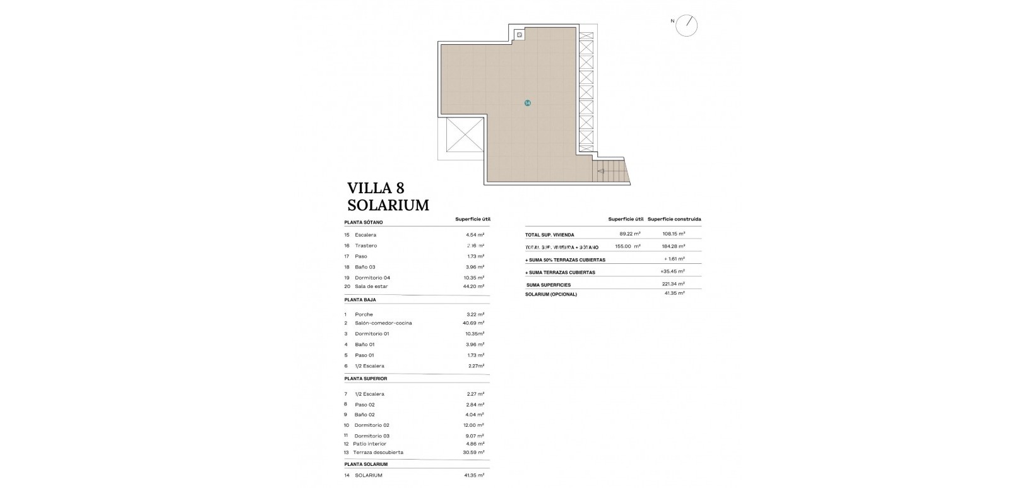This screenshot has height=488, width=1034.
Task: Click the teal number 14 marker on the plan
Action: click(x=528, y=103)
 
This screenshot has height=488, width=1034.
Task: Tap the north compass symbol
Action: click(x=687, y=25)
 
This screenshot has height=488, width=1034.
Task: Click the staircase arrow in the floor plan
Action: click(x=601, y=170)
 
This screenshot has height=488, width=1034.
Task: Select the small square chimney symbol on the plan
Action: click(x=520, y=35)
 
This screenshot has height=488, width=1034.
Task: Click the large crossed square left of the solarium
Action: click(x=464, y=134)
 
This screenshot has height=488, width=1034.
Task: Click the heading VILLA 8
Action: click(x=376, y=188)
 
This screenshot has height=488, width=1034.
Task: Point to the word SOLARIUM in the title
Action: click(x=388, y=205)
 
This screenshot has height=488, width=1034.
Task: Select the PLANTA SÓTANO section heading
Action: click(x=364, y=223)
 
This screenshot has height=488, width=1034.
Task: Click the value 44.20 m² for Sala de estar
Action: click(x=473, y=287)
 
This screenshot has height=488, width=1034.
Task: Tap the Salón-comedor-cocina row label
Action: click(x=383, y=323)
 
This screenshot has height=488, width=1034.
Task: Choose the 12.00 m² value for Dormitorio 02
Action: click(x=473, y=426)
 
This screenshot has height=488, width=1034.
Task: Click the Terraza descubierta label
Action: click(x=379, y=453)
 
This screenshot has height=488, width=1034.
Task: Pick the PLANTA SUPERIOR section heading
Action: click(x=365, y=379)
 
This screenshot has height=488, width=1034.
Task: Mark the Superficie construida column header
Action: click(x=674, y=220)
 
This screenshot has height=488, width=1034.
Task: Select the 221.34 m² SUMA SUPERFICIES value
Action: click(x=673, y=285)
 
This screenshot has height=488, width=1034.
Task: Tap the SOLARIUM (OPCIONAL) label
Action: click(x=551, y=294)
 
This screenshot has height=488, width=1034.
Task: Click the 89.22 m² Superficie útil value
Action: click(x=630, y=234)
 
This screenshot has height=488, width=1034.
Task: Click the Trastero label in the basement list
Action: click(x=365, y=246)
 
